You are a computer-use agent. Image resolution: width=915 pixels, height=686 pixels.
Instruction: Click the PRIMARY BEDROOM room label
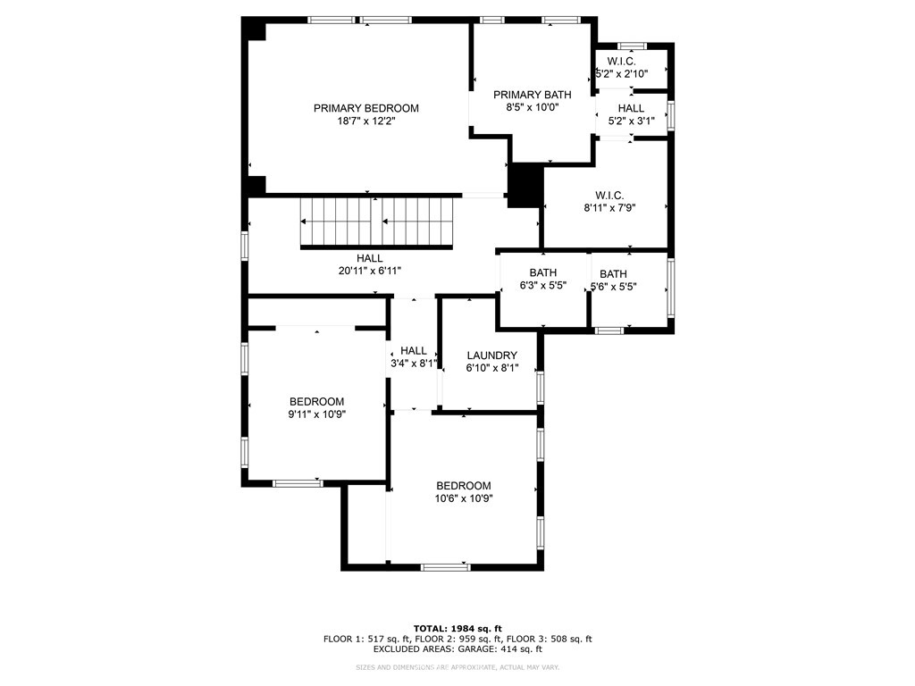click(x=365, y=108)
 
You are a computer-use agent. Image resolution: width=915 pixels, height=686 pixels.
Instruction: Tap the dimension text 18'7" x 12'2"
click(x=365, y=121)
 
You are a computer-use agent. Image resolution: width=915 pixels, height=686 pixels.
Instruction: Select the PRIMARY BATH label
click(x=532, y=95)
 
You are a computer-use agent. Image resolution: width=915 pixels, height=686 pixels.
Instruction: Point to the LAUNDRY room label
click(x=491, y=356)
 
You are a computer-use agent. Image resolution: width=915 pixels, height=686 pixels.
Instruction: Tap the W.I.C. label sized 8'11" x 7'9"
click(x=609, y=196)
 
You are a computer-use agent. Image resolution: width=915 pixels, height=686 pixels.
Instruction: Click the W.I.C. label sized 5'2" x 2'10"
click(x=621, y=61)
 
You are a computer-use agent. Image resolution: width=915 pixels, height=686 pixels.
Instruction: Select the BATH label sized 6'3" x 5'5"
click(x=542, y=273)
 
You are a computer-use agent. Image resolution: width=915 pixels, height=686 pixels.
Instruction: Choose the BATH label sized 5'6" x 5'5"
click(x=613, y=274)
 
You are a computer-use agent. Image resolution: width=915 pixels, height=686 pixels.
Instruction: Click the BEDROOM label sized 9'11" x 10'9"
click(x=316, y=402)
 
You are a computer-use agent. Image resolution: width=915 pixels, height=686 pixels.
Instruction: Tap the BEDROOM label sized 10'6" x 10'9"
click(x=464, y=486)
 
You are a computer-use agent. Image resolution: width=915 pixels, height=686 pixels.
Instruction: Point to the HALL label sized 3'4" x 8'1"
click(x=414, y=351)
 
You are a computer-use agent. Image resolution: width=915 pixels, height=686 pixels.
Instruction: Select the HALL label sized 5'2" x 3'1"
click(x=631, y=108)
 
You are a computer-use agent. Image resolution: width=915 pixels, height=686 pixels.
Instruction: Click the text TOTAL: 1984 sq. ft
click(x=457, y=628)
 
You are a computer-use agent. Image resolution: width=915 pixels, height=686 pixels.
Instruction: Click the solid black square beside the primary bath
click(x=525, y=184)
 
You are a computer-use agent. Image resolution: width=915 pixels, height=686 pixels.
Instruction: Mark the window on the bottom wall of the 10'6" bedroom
click(x=446, y=566)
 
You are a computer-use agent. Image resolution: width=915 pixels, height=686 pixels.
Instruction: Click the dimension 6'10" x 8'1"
click(x=491, y=368)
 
